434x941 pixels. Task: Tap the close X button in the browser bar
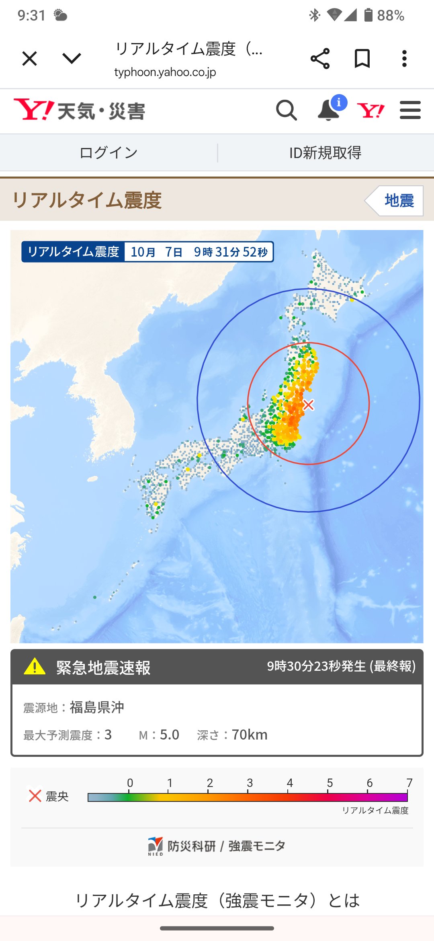[x=30, y=59]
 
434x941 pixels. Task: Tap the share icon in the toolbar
[x=320, y=59]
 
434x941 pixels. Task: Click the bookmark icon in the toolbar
[x=362, y=59]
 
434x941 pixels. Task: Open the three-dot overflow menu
[x=404, y=59]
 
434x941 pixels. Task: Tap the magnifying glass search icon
[x=286, y=110]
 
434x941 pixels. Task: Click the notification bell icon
[x=329, y=110]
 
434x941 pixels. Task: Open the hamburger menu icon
[x=410, y=110]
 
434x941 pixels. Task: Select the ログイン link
[x=108, y=153]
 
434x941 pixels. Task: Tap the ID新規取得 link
[x=325, y=153]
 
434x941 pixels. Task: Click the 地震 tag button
[x=399, y=201]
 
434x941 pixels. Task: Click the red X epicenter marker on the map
[x=308, y=405]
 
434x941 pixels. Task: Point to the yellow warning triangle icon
[x=35, y=666]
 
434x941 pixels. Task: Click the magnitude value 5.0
[x=170, y=735]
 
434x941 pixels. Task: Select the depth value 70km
[x=250, y=735]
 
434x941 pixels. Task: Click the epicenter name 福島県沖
[x=97, y=707]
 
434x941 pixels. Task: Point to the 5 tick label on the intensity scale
[x=330, y=783]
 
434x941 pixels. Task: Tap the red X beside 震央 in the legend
[x=35, y=795]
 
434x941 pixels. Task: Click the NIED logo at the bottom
[x=156, y=846]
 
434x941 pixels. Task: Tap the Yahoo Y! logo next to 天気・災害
[x=34, y=109]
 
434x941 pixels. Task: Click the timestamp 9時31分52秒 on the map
[x=231, y=252]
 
